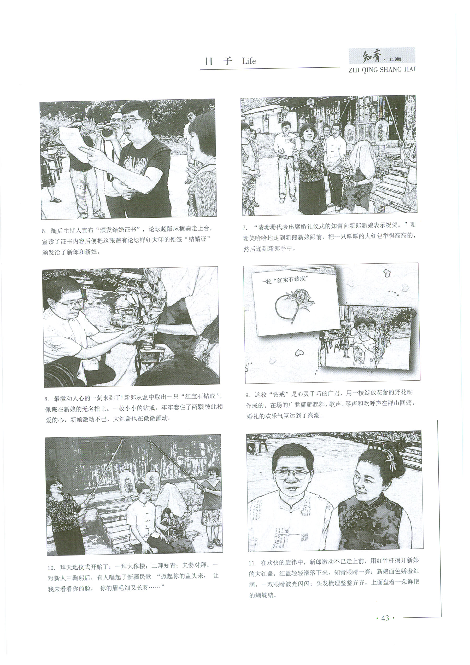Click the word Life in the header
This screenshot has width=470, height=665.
point(249,61)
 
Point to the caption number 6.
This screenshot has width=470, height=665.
point(44,231)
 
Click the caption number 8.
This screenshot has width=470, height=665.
point(46,400)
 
